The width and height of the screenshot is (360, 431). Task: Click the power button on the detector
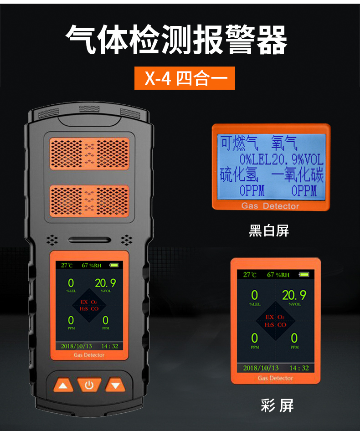tap(89, 385)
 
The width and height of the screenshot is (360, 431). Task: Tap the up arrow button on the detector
tap(63, 385)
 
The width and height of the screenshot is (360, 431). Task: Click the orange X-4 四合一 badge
tap(185, 78)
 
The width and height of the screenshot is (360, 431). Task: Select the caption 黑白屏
tap(269, 231)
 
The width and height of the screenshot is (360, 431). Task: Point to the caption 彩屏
tap(277, 405)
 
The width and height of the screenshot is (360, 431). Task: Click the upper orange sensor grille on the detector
tap(89, 154)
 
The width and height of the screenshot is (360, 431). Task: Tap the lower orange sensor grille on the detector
tap(89, 201)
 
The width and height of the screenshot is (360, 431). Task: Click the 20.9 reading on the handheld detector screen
tap(105, 283)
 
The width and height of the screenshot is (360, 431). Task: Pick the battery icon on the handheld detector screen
tap(114, 265)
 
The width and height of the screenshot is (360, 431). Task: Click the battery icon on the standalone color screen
tap(304, 274)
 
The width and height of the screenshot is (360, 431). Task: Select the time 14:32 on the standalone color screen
tap(299, 368)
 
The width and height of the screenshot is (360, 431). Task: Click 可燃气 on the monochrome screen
tap(239, 143)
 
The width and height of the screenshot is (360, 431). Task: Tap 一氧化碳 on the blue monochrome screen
tap(297, 174)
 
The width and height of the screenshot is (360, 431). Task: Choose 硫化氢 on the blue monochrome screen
tap(239, 174)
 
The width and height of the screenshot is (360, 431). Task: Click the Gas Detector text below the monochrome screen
tap(270, 206)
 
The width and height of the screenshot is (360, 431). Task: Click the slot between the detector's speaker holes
tap(90, 240)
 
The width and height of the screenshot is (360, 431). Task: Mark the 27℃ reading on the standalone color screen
tap(250, 275)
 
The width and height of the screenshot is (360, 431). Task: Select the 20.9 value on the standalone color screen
tap(294, 295)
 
